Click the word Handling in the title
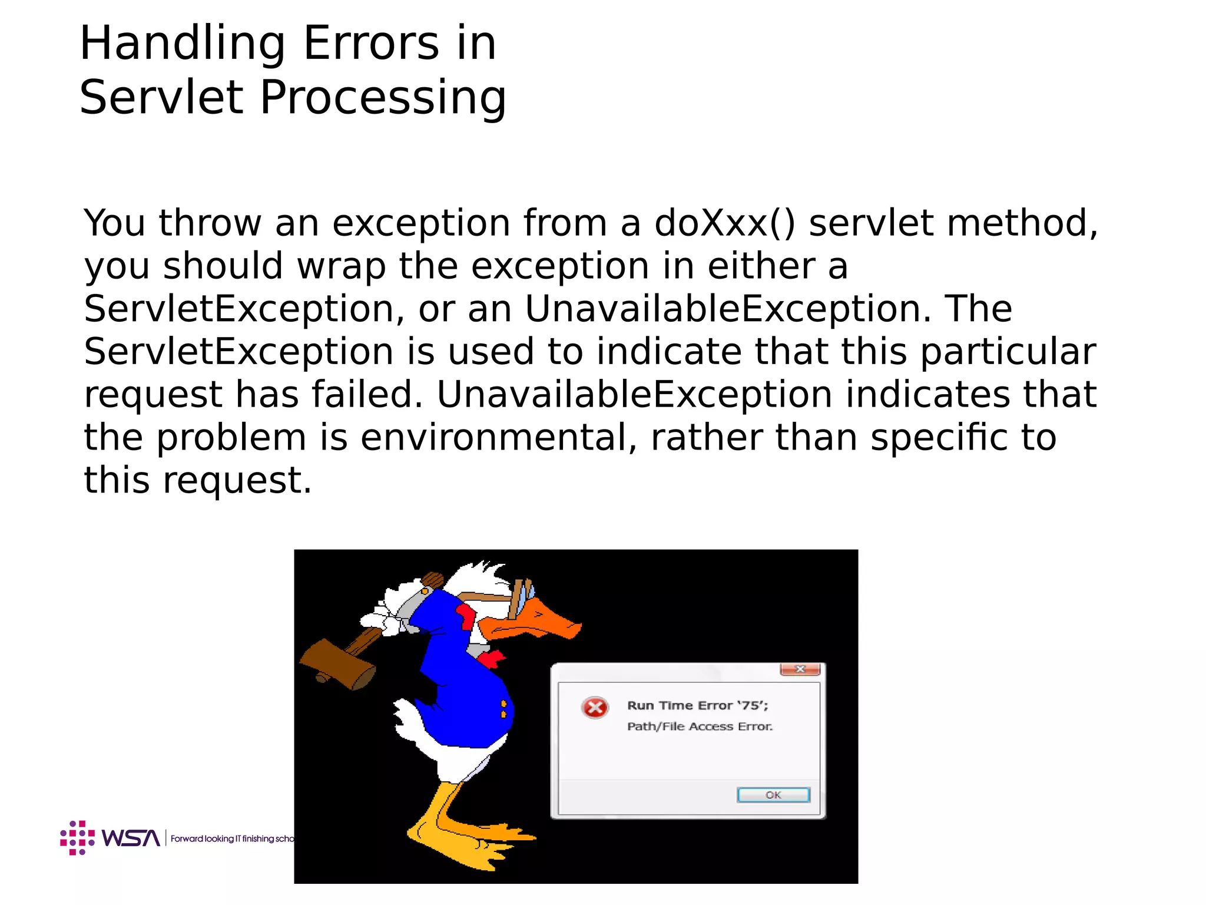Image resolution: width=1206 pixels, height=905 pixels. point(182,44)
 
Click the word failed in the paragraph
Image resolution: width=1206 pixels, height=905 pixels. point(366,395)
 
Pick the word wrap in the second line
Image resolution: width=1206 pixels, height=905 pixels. point(341,266)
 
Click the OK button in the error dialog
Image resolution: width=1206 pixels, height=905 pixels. point(773,795)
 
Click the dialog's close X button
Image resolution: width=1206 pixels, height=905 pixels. point(800,669)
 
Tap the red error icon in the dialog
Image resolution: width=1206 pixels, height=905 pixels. point(595,708)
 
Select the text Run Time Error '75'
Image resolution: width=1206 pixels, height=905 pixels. point(697,705)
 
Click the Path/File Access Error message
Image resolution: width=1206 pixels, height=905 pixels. point(700,726)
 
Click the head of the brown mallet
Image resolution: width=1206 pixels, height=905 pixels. point(337,664)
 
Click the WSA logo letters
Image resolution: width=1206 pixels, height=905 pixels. point(131,838)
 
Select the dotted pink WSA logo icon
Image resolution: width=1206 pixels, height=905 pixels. point(77,837)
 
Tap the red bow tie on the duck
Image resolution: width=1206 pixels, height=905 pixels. point(491,658)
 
